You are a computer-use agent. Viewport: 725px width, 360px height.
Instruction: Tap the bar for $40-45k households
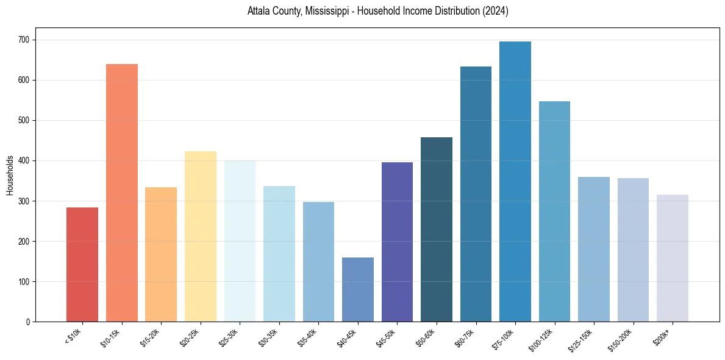[358, 289]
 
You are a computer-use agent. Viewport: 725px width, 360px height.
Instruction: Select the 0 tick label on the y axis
[29, 322]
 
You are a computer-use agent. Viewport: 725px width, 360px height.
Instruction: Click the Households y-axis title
[10, 175]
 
